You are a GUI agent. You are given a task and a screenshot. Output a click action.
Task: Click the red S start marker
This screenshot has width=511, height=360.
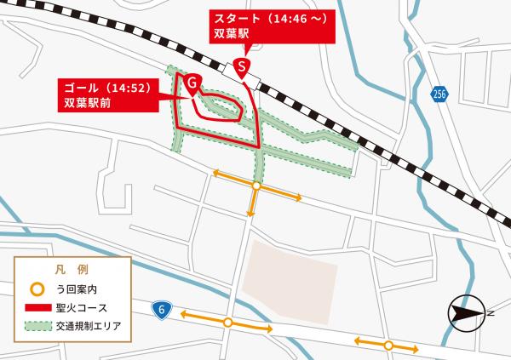tap(243, 65)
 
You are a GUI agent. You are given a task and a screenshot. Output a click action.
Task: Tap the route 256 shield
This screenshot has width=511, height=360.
tap(439, 92)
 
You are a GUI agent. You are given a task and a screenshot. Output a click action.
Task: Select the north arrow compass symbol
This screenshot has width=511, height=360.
tap(468, 312)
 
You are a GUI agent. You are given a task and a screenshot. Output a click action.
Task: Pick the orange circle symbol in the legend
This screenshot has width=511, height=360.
tap(37, 289)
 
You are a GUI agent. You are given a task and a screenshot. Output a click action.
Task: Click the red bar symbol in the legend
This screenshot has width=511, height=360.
tap(37, 306)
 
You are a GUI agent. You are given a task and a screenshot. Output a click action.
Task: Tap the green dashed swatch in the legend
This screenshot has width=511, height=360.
tap(37, 325)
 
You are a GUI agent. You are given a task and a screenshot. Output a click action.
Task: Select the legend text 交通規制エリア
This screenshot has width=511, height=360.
tap(90, 325)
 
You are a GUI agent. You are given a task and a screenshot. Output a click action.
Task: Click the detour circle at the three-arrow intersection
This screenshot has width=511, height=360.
tap(256, 185)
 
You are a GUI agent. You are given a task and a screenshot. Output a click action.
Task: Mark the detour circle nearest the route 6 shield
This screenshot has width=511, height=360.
tap(227, 322)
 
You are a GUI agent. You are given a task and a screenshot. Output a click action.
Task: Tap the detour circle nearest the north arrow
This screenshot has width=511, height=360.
tap(388, 345)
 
